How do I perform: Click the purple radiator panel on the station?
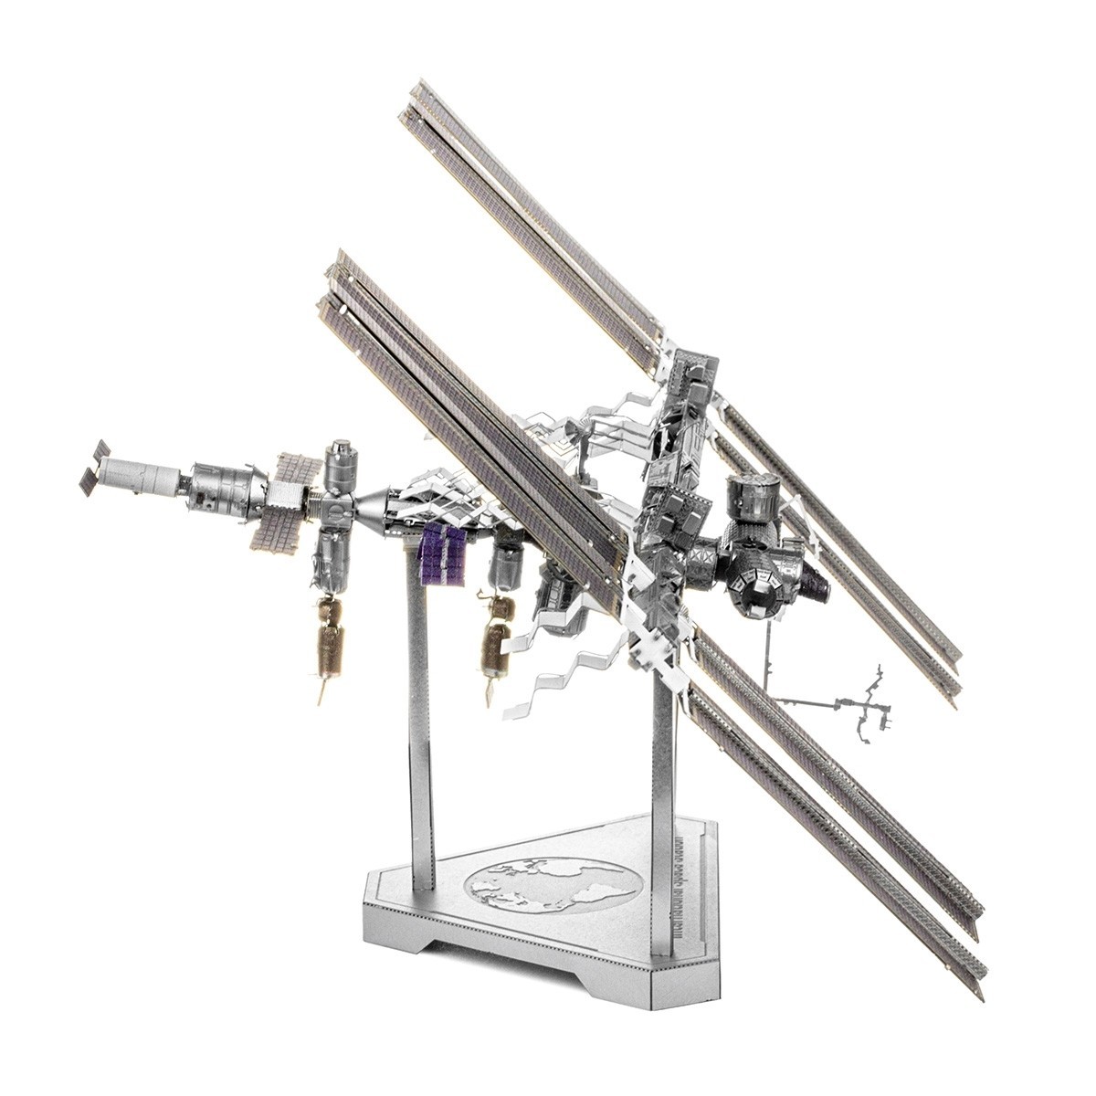coord(442,555)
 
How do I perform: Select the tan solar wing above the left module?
coord(295,466)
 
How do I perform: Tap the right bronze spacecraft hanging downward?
coord(495,644)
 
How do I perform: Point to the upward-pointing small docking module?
coord(340,466)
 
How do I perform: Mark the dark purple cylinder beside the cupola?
coord(813,582)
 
